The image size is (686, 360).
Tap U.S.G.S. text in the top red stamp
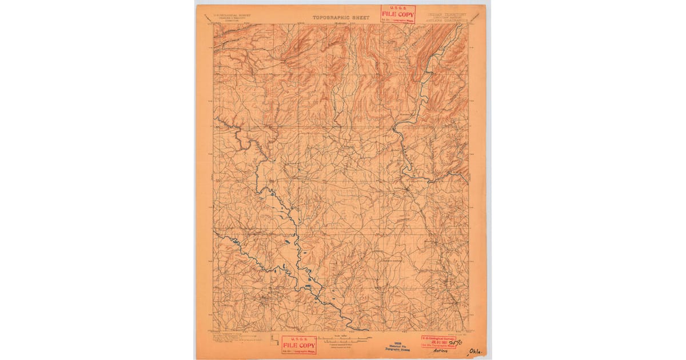click(397, 9)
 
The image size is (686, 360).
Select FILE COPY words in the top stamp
click(398, 14)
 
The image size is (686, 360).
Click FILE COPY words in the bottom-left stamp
click(298, 345)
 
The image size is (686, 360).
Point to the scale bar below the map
click(341, 339)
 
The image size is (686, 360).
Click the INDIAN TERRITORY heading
click(446, 14)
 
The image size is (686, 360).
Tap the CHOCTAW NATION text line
click(447, 17)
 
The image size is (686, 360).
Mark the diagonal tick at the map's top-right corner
click(472, 22)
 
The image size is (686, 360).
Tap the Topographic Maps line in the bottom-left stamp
click(298, 351)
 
